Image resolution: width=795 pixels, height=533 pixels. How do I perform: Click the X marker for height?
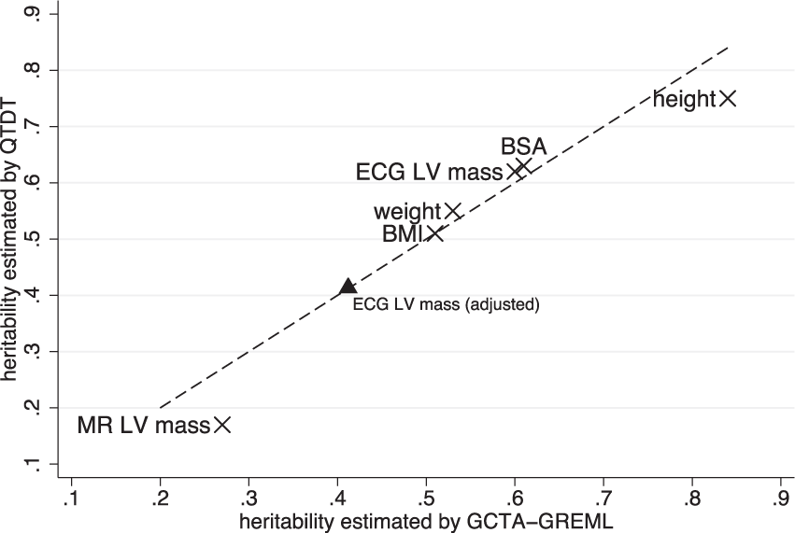728,98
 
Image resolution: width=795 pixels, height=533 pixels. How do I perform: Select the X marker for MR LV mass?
221,425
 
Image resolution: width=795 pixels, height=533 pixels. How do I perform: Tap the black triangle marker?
348,288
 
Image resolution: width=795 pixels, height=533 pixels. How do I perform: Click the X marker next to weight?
453,212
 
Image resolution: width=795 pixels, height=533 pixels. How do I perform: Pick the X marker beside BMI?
435,233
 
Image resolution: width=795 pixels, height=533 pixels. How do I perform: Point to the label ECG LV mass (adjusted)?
447,304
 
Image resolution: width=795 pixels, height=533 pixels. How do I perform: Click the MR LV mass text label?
143,426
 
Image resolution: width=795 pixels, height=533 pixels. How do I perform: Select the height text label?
684,99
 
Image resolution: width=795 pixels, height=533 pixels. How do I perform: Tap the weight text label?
407,213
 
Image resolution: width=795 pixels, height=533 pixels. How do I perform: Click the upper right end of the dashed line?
728,46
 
